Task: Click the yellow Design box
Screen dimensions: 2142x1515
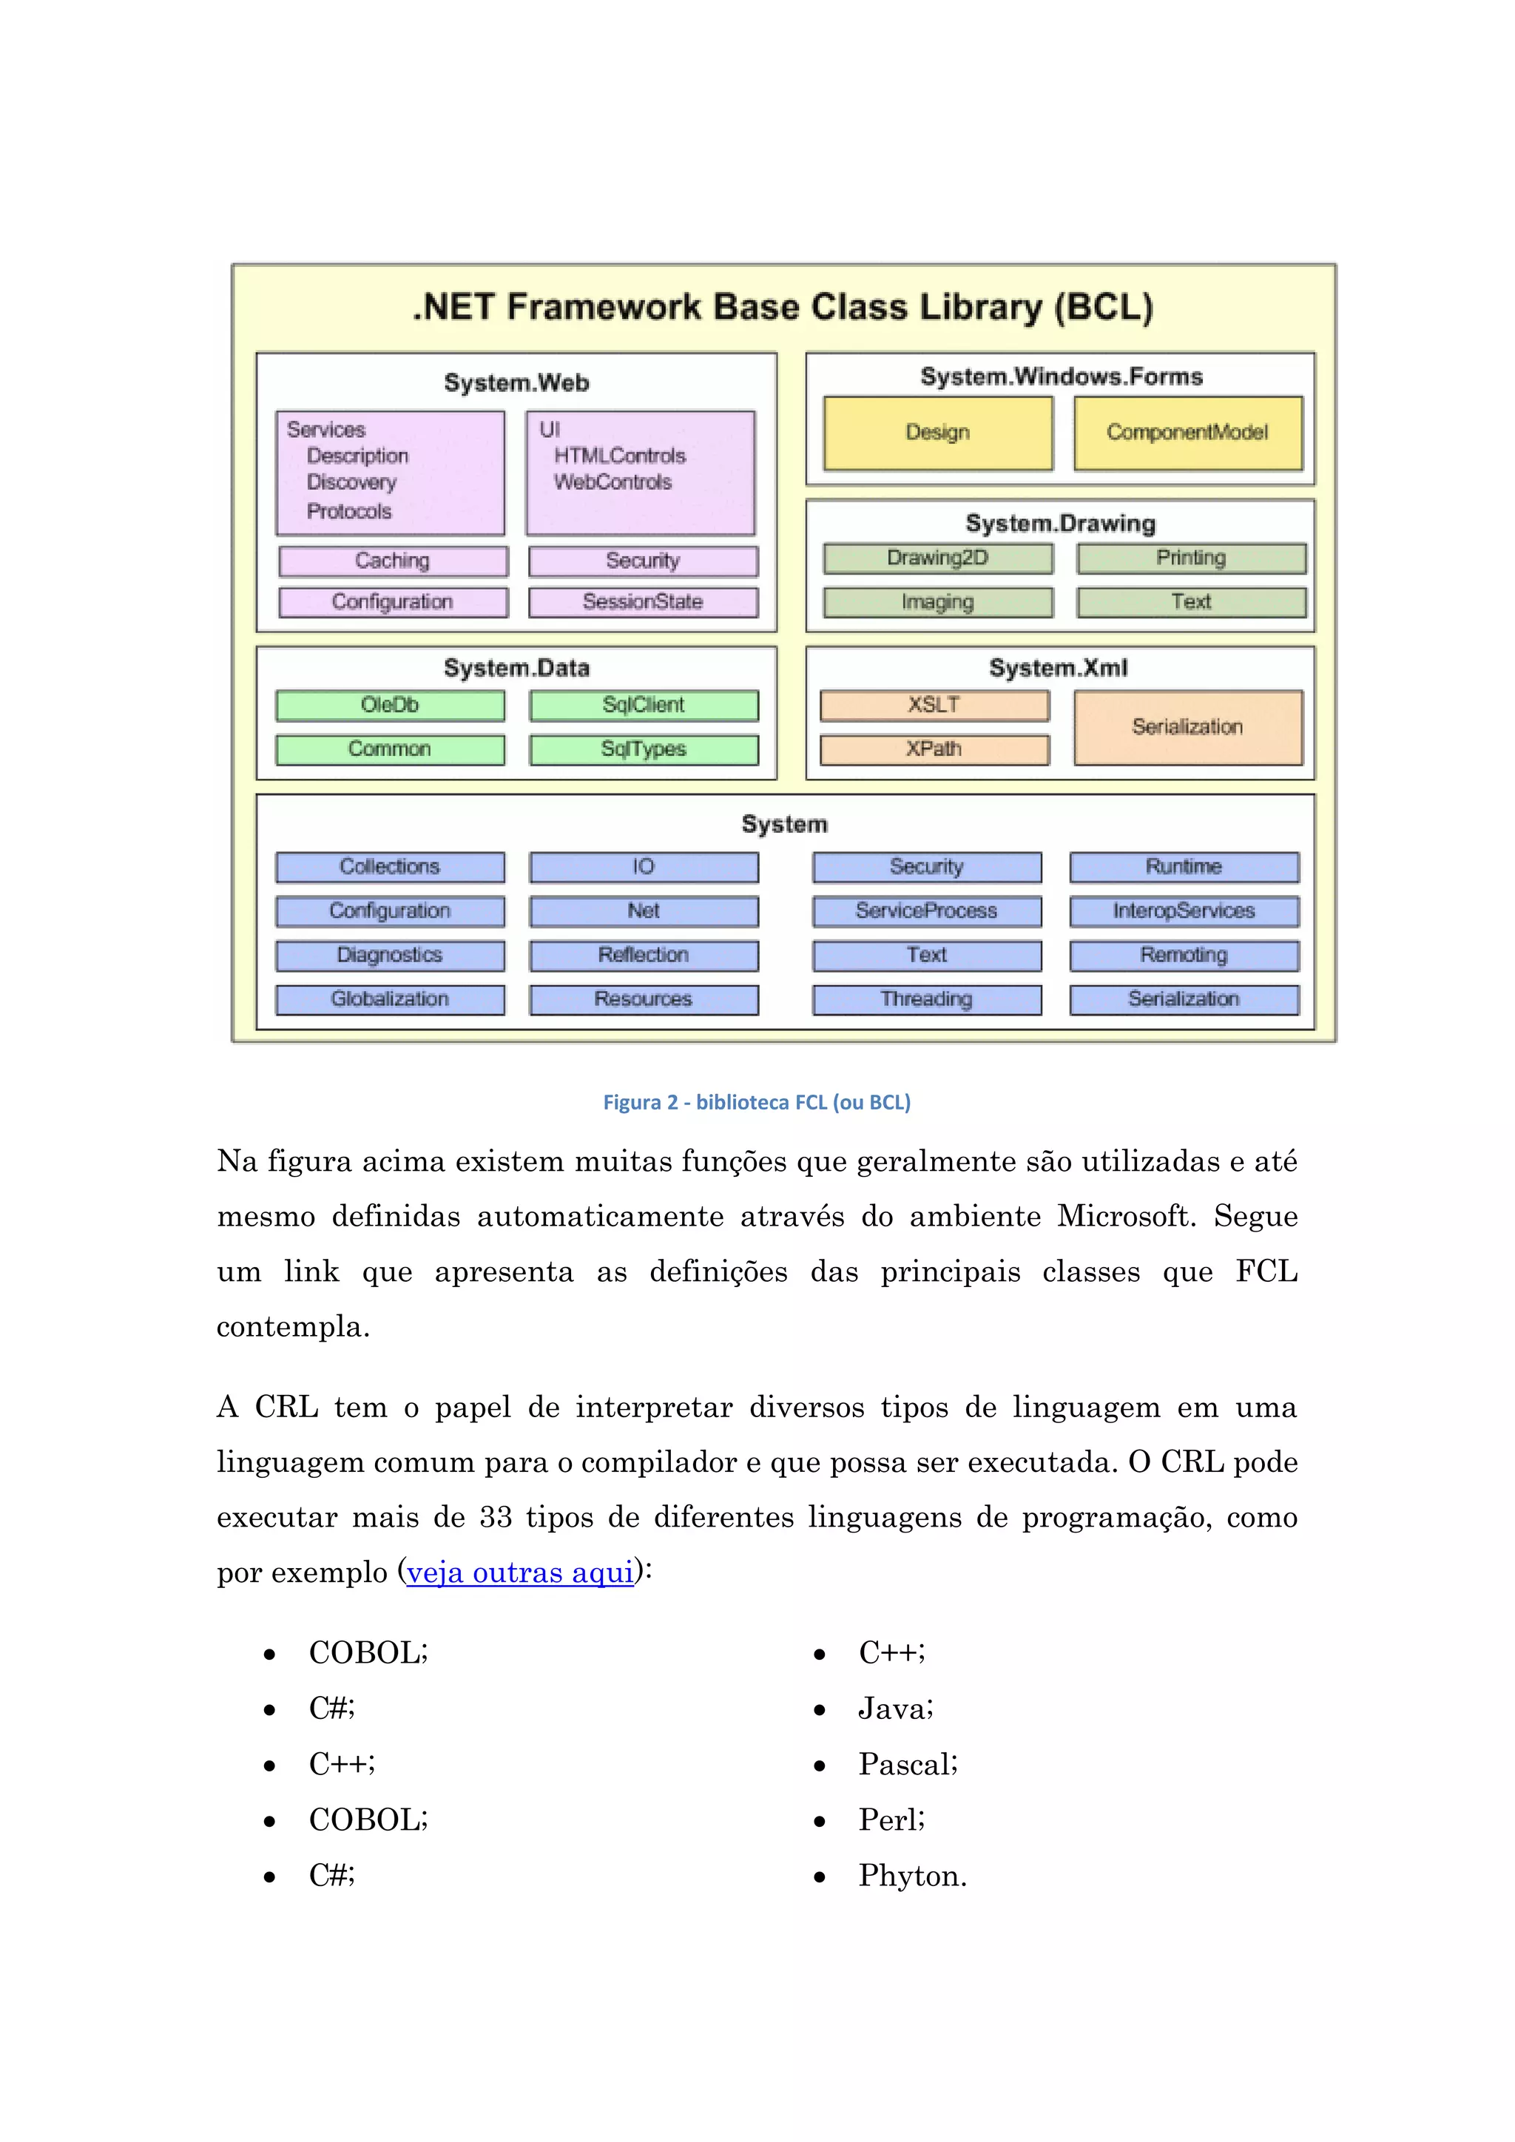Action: pyautogui.click(x=937, y=433)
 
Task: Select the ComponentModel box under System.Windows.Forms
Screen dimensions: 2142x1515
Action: pyautogui.click(x=1187, y=433)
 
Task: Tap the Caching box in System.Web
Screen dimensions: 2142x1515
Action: pyautogui.click(x=393, y=561)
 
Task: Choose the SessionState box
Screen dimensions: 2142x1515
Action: pyautogui.click(x=643, y=602)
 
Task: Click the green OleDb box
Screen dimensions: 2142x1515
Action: pyautogui.click(x=390, y=706)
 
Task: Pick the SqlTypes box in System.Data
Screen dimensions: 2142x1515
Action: pyautogui.click(x=644, y=749)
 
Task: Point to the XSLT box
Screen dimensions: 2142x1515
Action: pyautogui.click(x=934, y=706)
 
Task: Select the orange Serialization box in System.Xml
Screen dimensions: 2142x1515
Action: pyautogui.click(x=1187, y=727)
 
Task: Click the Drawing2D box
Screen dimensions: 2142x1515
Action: pyautogui.click(x=937, y=558)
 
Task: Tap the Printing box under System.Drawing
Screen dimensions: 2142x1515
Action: pyautogui.click(x=1191, y=558)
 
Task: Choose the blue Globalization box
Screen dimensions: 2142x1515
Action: pyautogui.click(x=390, y=999)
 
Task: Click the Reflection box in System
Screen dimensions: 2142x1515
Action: pyautogui.click(x=644, y=956)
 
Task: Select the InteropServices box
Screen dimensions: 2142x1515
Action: pyautogui.click(x=1184, y=910)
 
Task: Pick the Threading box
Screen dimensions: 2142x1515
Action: pyautogui.click(x=926, y=999)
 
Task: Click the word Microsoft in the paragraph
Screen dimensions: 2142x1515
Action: pyautogui.click(x=1124, y=1217)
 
